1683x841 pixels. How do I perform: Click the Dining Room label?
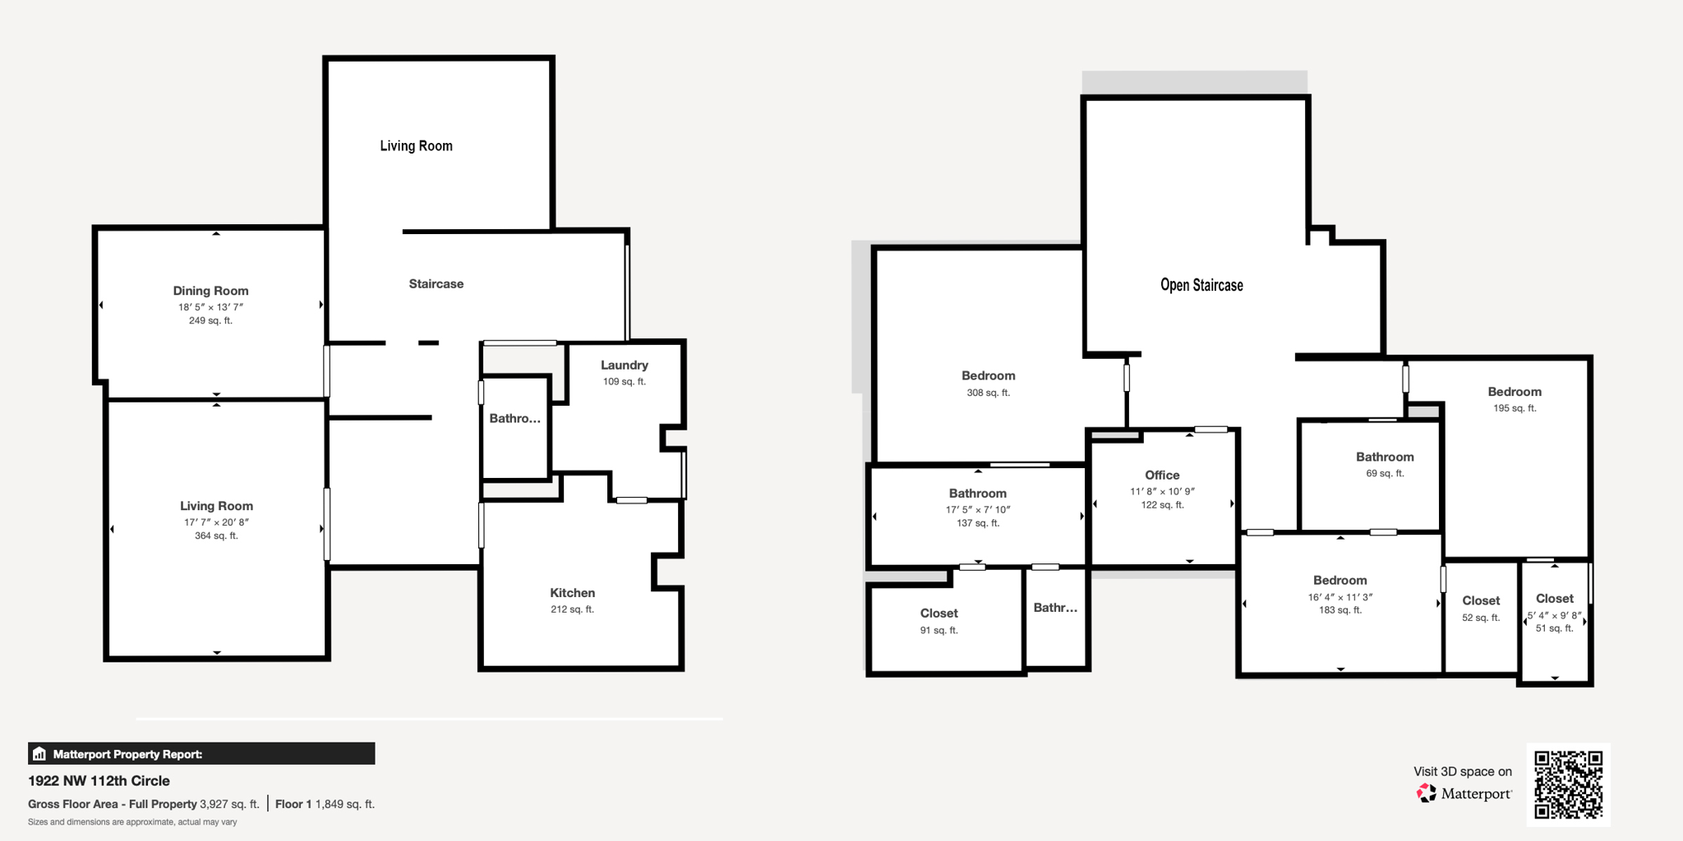point(210,291)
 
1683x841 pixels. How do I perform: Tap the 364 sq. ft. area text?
point(216,535)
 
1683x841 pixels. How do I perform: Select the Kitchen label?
point(572,593)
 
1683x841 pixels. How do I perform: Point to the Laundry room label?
point(624,365)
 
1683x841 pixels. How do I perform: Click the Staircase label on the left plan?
point(436,284)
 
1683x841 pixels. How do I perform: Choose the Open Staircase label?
point(1201,286)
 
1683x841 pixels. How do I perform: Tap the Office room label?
point(1162,476)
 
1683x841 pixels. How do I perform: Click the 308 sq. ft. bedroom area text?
point(988,393)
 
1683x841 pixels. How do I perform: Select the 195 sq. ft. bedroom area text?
point(1514,408)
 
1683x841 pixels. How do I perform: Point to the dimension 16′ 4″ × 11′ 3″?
point(1339,597)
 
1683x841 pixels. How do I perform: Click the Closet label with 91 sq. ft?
point(938,614)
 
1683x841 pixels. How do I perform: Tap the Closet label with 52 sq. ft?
point(1481,601)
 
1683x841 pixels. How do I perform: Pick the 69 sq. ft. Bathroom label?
point(1385,457)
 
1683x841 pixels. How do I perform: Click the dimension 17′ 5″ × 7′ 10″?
point(977,509)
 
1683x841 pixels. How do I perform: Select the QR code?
point(1568,784)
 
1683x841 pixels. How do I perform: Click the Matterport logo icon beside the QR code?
point(1427,793)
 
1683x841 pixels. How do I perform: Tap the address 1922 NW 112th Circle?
point(99,781)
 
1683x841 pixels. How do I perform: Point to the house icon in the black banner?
point(39,754)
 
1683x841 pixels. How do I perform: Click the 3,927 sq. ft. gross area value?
point(229,804)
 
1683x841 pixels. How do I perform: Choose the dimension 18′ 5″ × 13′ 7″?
point(210,307)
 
